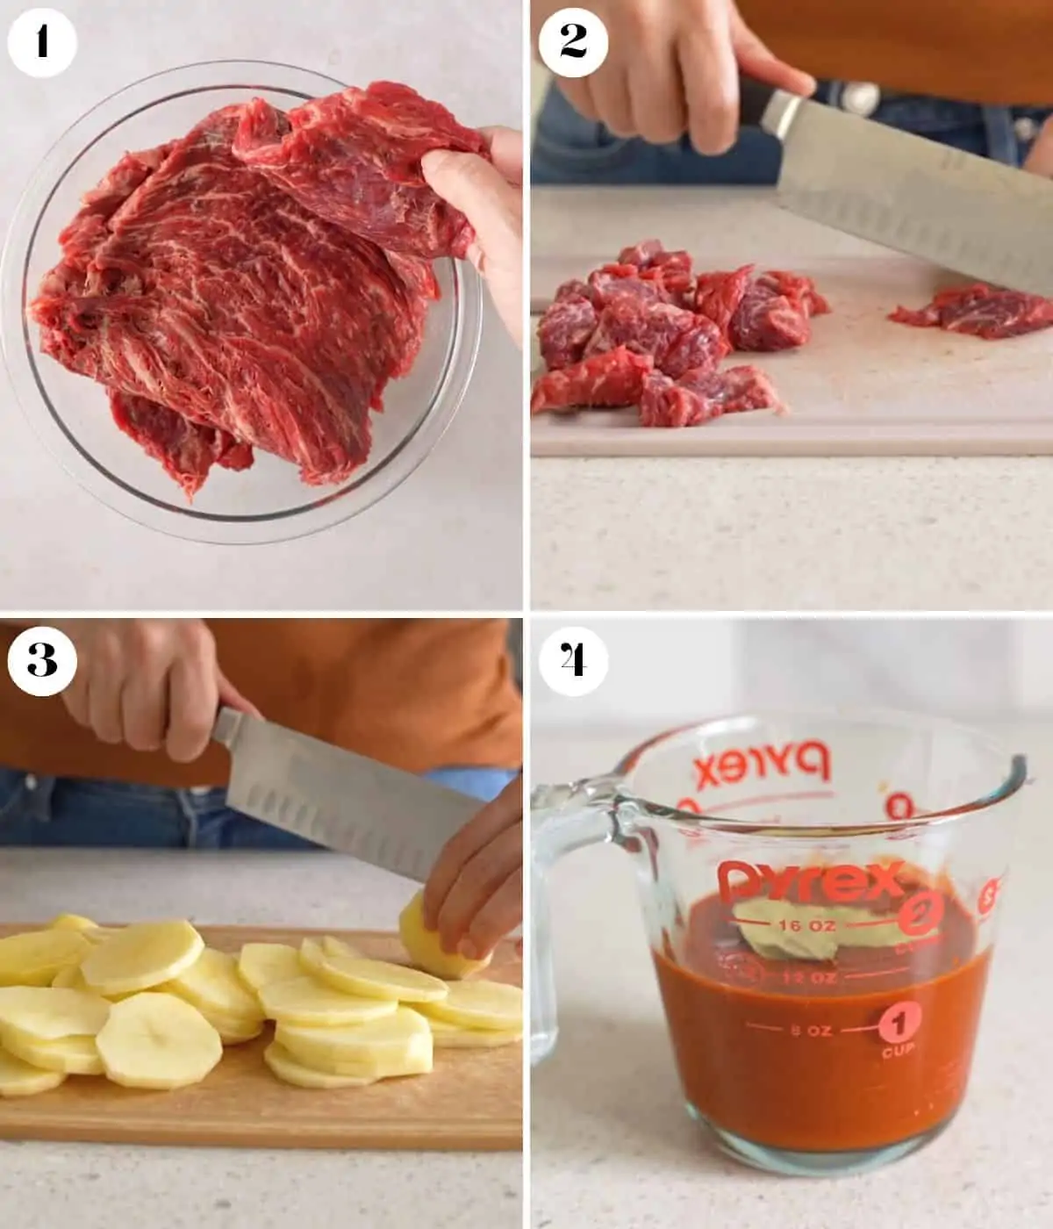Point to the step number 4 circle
click(x=573, y=661)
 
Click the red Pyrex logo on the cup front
click(x=810, y=880)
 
